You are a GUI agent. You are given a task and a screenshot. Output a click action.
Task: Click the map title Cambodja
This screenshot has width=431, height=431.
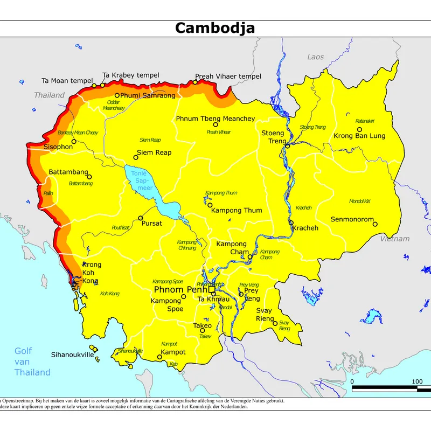[215, 28]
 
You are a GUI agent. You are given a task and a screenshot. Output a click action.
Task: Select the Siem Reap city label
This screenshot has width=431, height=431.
[154, 152]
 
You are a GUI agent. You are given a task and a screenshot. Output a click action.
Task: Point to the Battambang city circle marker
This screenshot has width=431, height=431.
[89, 177]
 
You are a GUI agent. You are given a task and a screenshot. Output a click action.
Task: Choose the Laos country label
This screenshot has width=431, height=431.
[316, 57]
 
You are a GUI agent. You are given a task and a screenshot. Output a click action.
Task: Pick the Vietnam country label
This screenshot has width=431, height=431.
[394, 239]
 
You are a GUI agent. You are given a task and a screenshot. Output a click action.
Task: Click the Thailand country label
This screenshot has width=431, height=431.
[49, 95]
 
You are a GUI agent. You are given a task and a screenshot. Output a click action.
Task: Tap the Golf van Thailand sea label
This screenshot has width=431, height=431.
[32, 362]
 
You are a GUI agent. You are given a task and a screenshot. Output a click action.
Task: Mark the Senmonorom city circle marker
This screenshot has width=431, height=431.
[375, 224]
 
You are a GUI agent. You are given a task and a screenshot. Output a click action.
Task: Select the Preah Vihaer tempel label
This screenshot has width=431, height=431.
[228, 77]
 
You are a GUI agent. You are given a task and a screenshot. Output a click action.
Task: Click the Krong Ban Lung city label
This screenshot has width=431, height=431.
[359, 136]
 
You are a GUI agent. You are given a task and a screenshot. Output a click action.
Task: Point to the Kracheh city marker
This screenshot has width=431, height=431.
[291, 223]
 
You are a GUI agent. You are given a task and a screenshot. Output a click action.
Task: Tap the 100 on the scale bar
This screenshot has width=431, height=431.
[416, 381]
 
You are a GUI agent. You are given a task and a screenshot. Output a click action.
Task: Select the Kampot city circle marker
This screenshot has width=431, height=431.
[159, 357]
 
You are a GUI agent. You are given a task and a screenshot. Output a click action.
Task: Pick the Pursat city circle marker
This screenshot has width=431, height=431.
[141, 218]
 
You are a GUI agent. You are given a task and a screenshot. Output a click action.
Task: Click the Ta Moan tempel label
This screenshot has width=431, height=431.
[67, 81]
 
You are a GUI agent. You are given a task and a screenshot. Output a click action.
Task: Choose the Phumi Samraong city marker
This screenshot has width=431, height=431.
[117, 95]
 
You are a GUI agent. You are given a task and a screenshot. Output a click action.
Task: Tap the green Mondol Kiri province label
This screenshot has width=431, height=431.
[359, 201]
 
